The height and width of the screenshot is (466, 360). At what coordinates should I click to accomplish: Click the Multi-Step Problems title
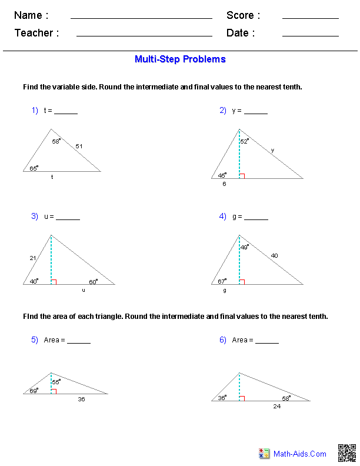click(180, 59)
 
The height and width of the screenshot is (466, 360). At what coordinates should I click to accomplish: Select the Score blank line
click(310, 18)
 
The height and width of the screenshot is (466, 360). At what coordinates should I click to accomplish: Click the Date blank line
click(310, 36)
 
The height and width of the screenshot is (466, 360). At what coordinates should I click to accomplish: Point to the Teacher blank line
click(144, 36)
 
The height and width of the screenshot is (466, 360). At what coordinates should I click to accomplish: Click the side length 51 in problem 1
click(79, 146)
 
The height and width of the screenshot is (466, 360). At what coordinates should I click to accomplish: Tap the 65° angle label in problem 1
click(34, 168)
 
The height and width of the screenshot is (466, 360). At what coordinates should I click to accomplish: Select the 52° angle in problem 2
click(244, 141)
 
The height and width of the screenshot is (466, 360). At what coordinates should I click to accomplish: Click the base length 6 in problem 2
click(224, 184)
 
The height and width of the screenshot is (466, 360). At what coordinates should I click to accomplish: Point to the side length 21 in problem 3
click(33, 258)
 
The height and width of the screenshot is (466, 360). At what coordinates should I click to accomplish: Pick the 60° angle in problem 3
click(93, 281)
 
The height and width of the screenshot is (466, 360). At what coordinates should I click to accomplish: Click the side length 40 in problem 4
click(275, 255)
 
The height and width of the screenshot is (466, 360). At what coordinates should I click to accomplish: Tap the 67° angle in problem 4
click(222, 281)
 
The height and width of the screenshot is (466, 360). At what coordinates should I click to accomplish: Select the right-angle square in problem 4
click(242, 282)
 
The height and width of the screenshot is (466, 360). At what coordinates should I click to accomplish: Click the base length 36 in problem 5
click(81, 399)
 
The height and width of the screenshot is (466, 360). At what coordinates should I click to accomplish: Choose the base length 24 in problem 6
click(276, 406)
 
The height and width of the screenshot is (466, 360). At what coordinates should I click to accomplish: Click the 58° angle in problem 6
click(285, 398)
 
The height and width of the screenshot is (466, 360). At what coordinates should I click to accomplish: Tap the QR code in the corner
click(346, 453)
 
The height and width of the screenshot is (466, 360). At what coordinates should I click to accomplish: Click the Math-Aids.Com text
click(300, 454)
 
